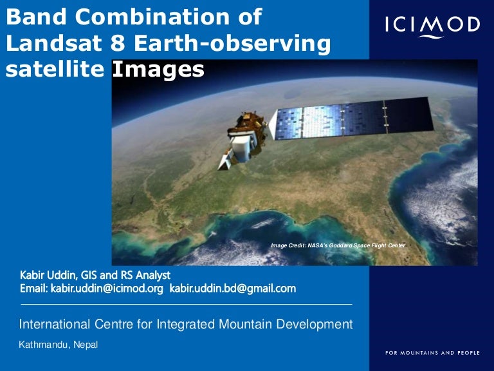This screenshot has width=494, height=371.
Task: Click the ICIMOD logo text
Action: (x=432, y=25)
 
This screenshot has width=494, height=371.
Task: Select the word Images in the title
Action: (x=158, y=70)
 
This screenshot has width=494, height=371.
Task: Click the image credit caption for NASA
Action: (x=338, y=245)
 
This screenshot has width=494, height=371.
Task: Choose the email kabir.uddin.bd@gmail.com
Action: (x=232, y=289)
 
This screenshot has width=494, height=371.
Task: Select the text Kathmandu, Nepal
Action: (x=59, y=345)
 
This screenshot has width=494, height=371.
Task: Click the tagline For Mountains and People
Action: (x=432, y=353)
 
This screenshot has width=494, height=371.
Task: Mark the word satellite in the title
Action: (x=55, y=70)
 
